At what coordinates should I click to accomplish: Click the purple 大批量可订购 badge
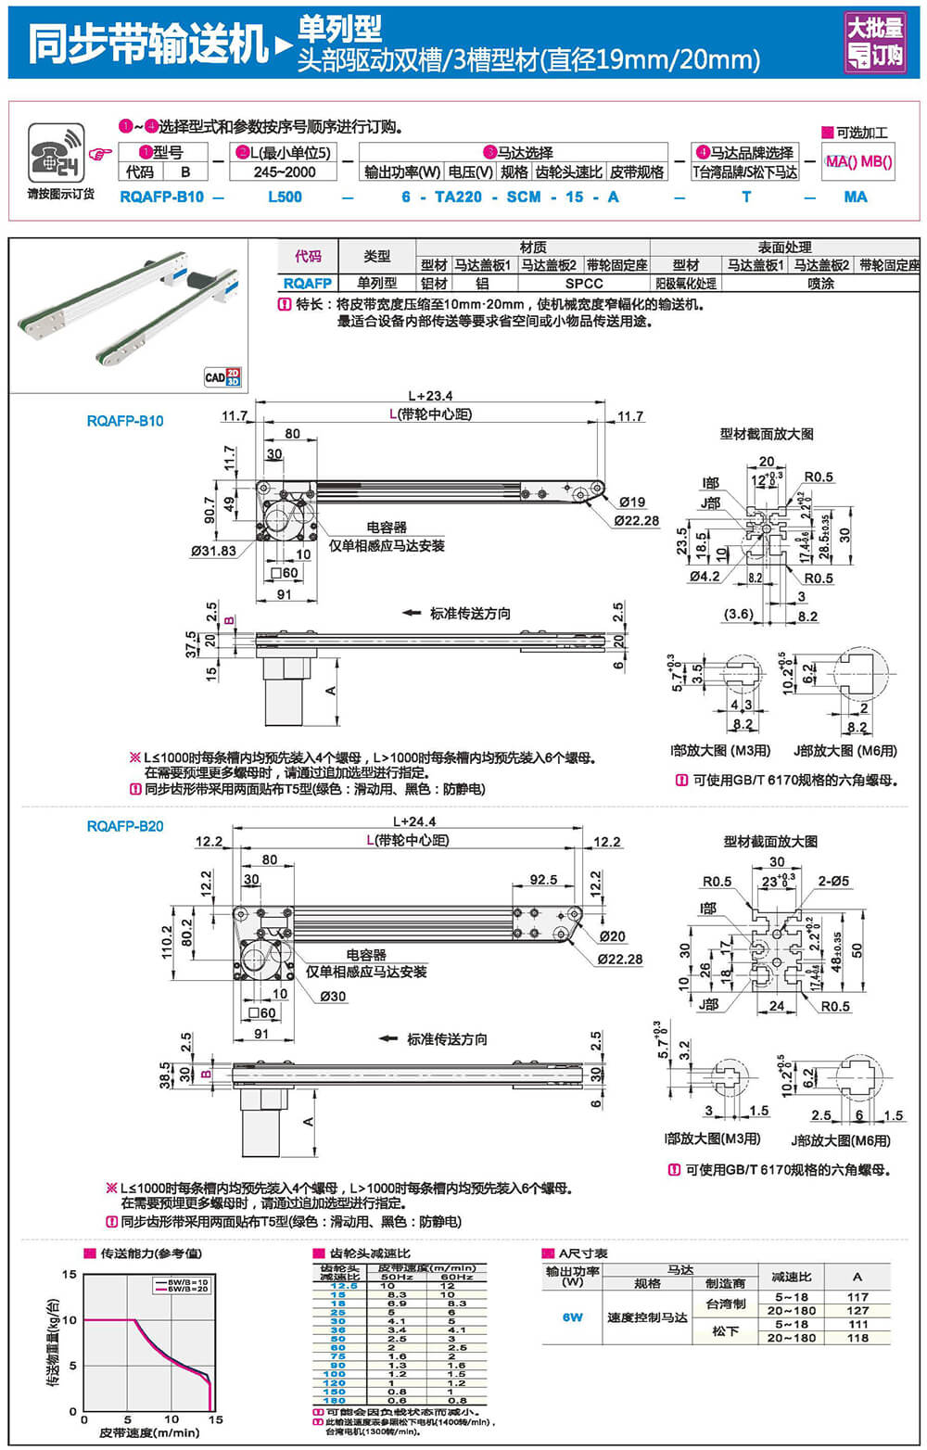tap(874, 43)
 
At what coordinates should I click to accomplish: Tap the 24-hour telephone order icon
tap(57, 153)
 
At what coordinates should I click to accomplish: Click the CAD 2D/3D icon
tap(222, 376)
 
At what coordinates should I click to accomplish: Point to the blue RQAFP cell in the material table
tap(307, 284)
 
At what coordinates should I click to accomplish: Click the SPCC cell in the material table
tap(583, 284)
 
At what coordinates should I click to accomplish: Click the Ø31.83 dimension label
tap(213, 551)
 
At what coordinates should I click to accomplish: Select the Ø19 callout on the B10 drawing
tap(632, 502)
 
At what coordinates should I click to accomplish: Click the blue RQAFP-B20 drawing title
tap(125, 826)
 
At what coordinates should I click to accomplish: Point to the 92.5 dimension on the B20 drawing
tap(543, 880)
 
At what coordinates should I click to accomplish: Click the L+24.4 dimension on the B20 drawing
tap(414, 821)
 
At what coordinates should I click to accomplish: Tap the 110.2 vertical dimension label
tap(167, 942)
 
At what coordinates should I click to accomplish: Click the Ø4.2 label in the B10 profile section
tap(705, 577)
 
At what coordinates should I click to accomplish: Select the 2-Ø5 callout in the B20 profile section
tap(833, 881)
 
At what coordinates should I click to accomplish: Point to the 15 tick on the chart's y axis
tap(70, 1275)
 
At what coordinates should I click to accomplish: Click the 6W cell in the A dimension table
tap(572, 1317)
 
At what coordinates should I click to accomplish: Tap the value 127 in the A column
tap(857, 1311)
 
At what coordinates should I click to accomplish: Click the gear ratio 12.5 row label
tap(343, 1286)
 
